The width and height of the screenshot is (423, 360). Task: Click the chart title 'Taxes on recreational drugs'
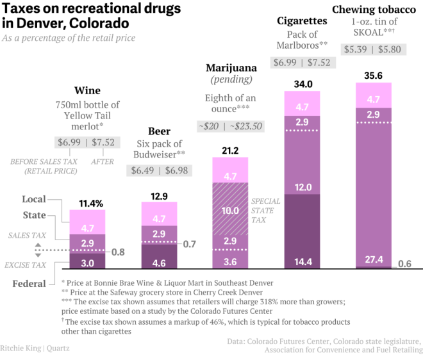pyautogui.click(x=90, y=9)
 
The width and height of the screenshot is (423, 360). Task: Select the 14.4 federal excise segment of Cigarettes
pyautogui.click(x=303, y=261)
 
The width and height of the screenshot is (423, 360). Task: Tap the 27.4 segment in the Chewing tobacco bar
pyautogui.click(x=374, y=259)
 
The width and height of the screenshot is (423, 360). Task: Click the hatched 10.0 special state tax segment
pyautogui.click(x=231, y=210)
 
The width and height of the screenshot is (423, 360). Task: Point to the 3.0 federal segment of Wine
pyautogui.click(x=87, y=263)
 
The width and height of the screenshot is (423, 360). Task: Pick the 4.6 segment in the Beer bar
pyautogui.click(x=159, y=263)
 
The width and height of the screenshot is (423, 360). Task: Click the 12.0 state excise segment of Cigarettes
pyautogui.click(x=303, y=187)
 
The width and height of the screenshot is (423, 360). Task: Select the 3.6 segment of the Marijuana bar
pyautogui.click(x=231, y=261)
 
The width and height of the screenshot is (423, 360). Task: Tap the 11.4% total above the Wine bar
pyautogui.click(x=90, y=204)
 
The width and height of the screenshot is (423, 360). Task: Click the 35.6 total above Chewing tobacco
pyautogui.click(x=374, y=75)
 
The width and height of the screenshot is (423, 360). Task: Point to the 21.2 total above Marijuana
pyautogui.click(x=229, y=151)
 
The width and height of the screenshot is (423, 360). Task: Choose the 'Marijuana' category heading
pyautogui.click(x=231, y=68)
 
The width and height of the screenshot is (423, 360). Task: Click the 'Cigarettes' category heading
pyautogui.click(x=302, y=21)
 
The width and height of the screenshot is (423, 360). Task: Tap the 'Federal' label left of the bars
pyautogui.click(x=29, y=283)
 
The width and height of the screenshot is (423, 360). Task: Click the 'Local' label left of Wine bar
pyautogui.click(x=34, y=199)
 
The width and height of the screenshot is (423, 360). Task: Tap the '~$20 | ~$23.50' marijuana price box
pyautogui.click(x=230, y=126)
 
